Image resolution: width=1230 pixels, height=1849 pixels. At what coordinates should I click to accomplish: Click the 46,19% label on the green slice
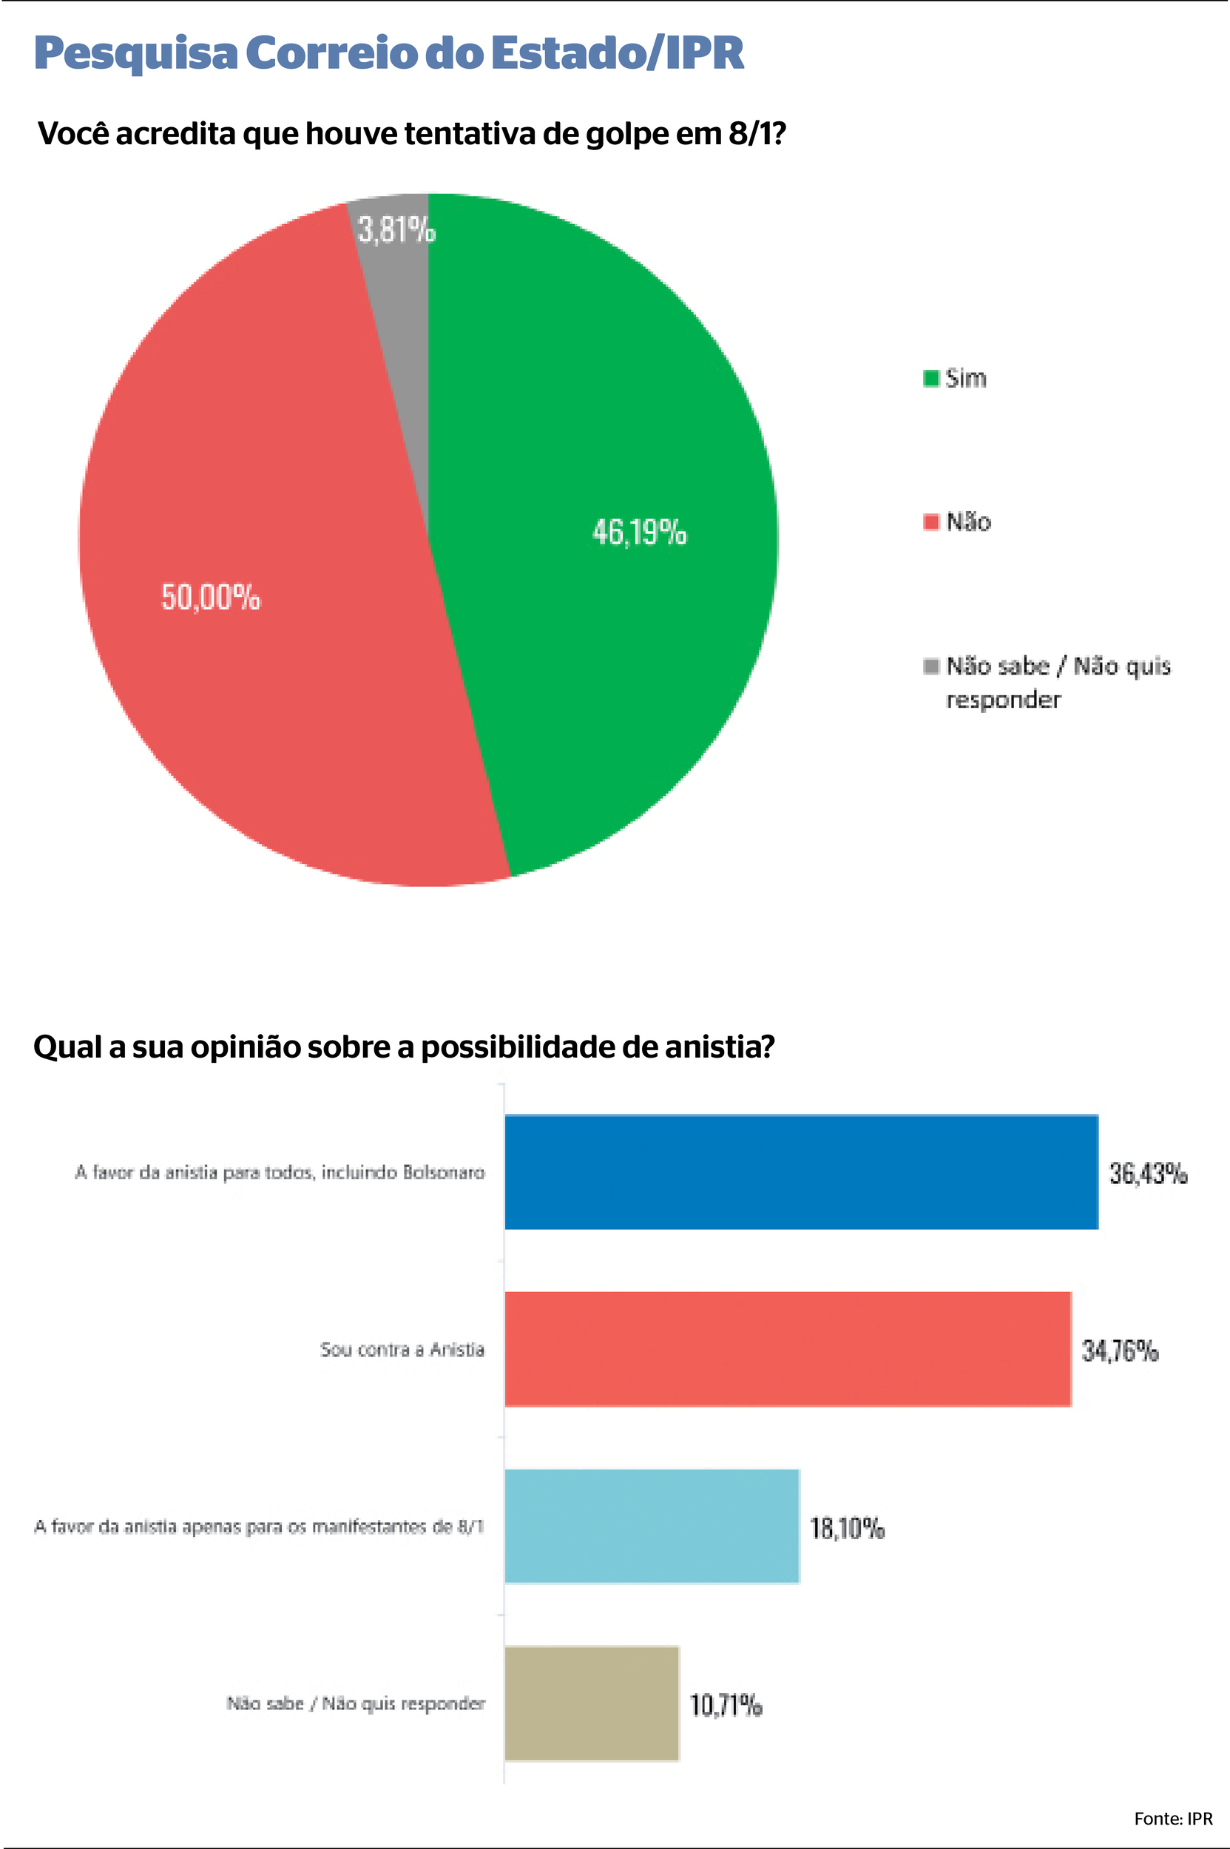(x=639, y=533)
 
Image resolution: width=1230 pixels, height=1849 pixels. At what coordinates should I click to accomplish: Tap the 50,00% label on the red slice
(x=210, y=598)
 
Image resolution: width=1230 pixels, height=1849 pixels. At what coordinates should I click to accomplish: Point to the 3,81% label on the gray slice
(x=396, y=230)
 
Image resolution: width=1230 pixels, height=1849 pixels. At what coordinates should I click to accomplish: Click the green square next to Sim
(x=931, y=378)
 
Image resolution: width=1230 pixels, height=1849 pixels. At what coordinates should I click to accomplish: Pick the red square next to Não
(x=931, y=521)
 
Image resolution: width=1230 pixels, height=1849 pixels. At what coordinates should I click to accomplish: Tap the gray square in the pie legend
(x=931, y=666)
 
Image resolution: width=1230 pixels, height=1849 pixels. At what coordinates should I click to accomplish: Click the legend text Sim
(x=966, y=378)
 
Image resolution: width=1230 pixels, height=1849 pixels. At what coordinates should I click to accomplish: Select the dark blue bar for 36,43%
(x=800, y=1172)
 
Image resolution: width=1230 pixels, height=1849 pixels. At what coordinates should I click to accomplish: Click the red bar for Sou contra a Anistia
(x=787, y=1349)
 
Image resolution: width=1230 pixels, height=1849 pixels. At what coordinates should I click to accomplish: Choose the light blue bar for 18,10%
(x=651, y=1526)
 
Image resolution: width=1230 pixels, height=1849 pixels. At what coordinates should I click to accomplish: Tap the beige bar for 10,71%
(x=591, y=1703)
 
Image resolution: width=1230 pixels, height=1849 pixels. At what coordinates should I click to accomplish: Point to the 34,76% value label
(x=1119, y=1350)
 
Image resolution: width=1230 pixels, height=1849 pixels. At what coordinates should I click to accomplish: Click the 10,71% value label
(x=726, y=1705)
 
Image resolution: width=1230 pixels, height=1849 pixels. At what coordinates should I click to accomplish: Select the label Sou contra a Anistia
(x=402, y=1349)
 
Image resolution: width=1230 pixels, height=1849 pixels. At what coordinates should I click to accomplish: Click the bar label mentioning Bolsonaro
(x=280, y=1172)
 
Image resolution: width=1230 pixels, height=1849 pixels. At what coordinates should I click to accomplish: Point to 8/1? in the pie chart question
(x=756, y=134)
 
